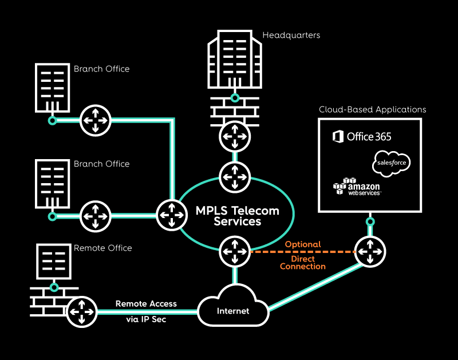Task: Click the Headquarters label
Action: [291, 35]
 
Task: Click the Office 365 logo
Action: [362, 136]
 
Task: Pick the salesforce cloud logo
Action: [391, 163]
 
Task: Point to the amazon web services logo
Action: [357, 187]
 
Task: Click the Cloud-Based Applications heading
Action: [372, 109]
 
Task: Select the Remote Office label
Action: [102, 248]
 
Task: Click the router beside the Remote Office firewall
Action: [81, 312]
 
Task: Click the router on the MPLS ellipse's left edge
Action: [171, 215]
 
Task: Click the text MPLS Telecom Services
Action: [238, 216]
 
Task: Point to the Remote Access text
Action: [146, 303]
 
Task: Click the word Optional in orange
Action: [303, 244]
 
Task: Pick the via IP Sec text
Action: [146, 319]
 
